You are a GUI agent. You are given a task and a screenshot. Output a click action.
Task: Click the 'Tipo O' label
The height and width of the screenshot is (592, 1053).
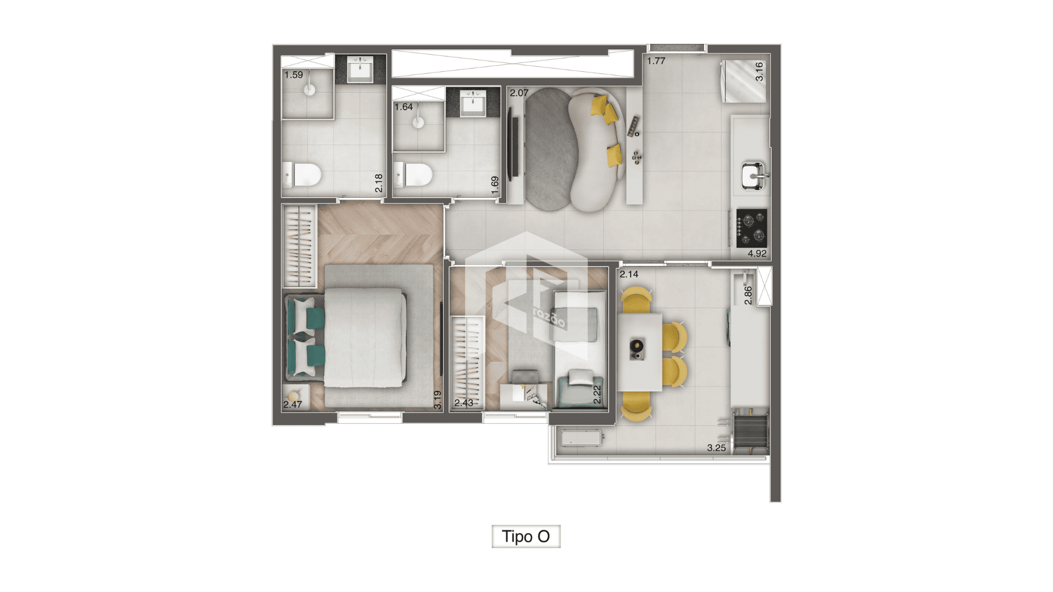[x=525, y=536]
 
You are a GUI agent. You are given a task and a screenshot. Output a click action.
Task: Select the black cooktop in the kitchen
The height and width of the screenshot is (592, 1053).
[x=751, y=227]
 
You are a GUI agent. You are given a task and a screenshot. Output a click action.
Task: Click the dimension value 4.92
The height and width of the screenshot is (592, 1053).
[x=757, y=253]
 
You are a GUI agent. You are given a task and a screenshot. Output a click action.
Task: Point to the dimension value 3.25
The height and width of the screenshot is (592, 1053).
[x=716, y=448]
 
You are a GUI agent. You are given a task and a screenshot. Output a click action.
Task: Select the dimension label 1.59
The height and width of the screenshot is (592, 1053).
[x=293, y=75]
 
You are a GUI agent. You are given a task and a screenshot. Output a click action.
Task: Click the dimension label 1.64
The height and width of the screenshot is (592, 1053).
[x=404, y=107]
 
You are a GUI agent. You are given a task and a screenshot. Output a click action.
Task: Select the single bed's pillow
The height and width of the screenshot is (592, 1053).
[x=581, y=377]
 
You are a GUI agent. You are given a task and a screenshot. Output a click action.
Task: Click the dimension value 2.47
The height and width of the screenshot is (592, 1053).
[x=292, y=405]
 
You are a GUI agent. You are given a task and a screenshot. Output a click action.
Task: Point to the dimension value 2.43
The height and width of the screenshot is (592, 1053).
[x=463, y=403]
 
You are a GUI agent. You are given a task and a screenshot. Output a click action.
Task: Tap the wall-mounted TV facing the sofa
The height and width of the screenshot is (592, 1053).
[x=514, y=144]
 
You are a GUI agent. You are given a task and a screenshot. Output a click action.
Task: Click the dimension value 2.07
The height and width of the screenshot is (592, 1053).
[x=519, y=93]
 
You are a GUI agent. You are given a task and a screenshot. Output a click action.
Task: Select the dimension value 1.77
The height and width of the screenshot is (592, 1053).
[x=656, y=61]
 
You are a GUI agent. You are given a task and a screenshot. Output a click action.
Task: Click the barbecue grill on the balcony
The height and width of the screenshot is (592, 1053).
[x=750, y=433]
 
